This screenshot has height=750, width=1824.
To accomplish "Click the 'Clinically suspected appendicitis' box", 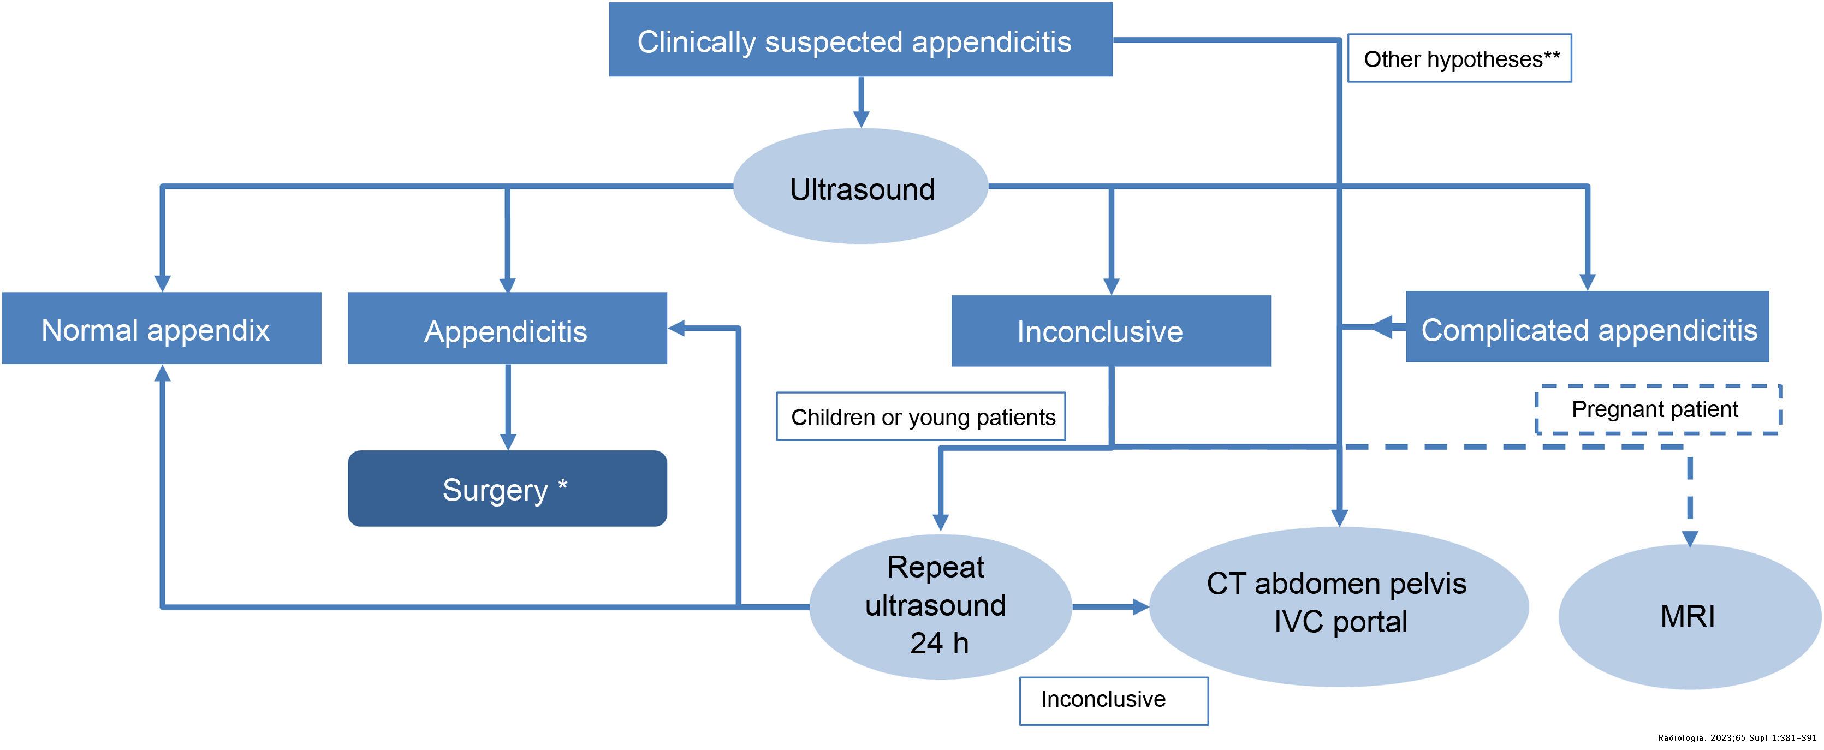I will pos(860,40).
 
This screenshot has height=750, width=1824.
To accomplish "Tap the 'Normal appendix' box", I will pos(162,329).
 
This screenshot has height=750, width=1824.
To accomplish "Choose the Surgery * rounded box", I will pos(507,489).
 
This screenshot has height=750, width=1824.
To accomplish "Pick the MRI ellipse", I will pos(1689,616).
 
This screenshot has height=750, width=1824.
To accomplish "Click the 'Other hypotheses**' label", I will pos(1459,59).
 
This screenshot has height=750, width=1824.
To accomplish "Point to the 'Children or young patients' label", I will pos(920,417).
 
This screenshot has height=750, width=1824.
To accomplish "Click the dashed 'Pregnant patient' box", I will pos(1657,409).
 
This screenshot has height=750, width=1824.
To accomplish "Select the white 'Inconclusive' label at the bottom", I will pos(1113,700).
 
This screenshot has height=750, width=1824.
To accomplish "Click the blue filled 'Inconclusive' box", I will pos(1110,331).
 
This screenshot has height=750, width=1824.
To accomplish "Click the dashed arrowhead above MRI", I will pos(1690,538).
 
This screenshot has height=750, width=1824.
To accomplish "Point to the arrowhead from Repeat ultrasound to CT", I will pos(1140,607).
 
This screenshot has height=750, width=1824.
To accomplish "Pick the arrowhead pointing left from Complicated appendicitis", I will pos(1382,327).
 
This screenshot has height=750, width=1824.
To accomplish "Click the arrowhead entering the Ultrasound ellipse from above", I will pos(861,119).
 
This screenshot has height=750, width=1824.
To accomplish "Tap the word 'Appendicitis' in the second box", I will pos(506,331).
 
